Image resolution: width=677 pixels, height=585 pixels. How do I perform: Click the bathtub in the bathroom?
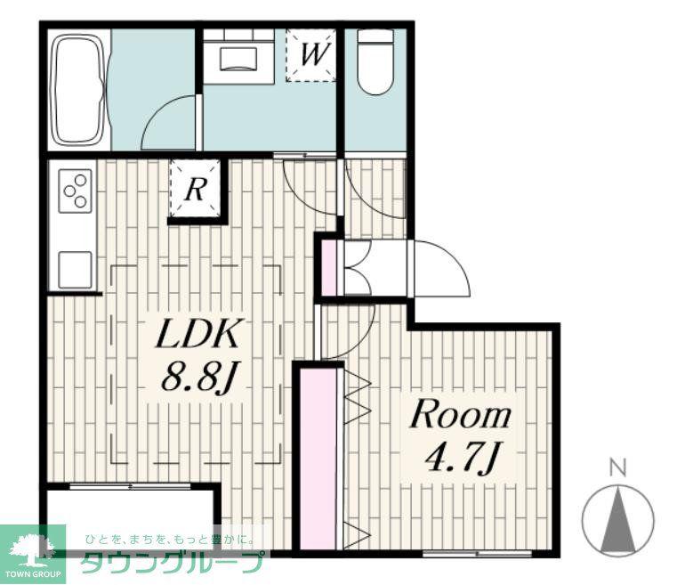pyautogui.click(x=79, y=89)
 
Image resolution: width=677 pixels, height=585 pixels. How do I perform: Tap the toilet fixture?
pyautogui.click(x=375, y=61)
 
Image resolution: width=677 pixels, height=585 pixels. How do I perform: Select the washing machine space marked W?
pyautogui.click(x=310, y=55)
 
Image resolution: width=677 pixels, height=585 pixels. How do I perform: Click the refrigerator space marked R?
pyautogui.click(x=195, y=189)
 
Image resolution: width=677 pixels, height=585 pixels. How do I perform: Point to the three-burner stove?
pyautogui.click(x=75, y=191)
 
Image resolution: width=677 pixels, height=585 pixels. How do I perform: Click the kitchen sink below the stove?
pyautogui.click(x=75, y=270)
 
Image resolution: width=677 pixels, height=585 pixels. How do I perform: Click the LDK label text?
pyautogui.click(x=197, y=335)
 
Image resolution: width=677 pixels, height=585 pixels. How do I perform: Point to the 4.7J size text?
pyautogui.click(x=463, y=458)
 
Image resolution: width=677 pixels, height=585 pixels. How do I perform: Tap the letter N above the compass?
pyautogui.click(x=618, y=468)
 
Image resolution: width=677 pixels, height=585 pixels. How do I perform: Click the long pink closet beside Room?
pyautogui.click(x=318, y=459)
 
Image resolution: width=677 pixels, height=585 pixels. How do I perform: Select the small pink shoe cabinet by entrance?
pyautogui.click(x=330, y=268)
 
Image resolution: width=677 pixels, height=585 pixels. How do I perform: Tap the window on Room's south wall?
pyautogui.click(x=477, y=553)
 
